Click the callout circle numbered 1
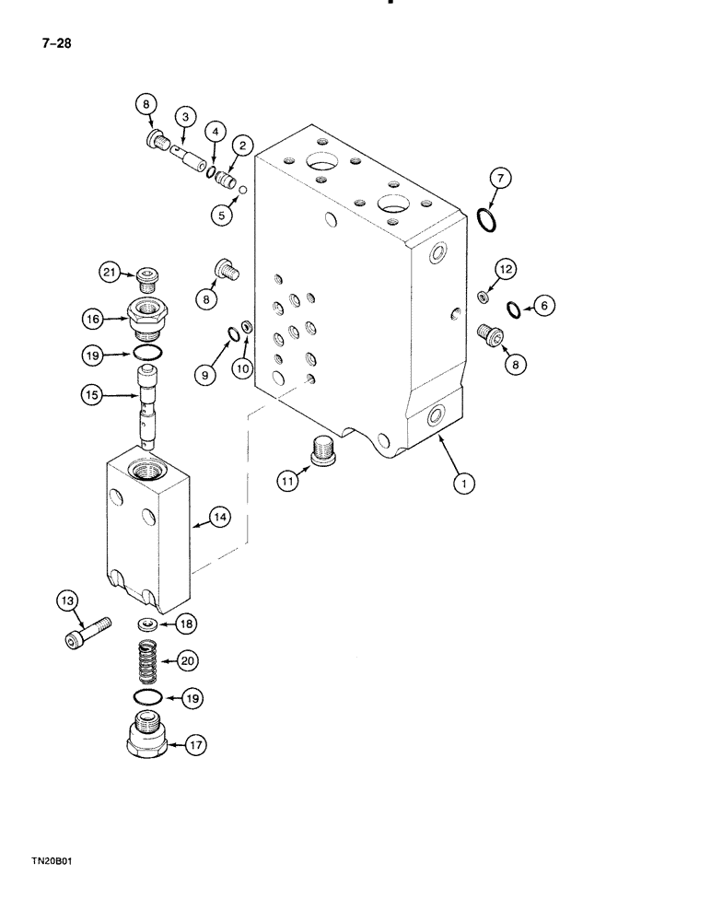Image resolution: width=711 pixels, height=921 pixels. [x=465, y=482]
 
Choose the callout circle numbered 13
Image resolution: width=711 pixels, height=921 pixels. [x=67, y=602]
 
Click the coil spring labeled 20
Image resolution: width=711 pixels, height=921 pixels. [x=150, y=660]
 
